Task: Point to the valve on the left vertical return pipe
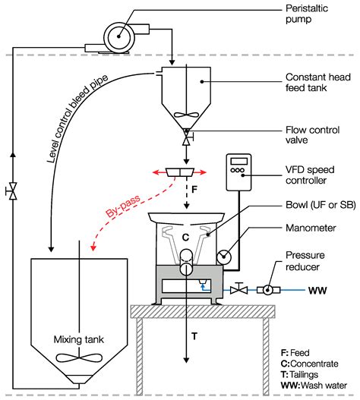[11, 193]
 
